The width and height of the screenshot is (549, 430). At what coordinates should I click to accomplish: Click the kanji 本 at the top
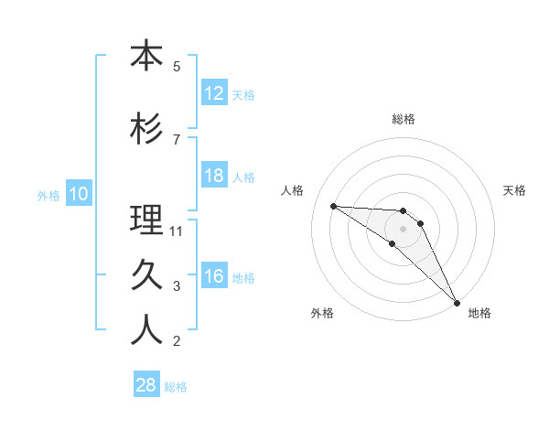click(146, 57)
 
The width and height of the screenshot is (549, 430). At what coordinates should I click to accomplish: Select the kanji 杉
click(146, 128)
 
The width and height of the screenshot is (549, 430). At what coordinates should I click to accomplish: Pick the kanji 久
click(146, 274)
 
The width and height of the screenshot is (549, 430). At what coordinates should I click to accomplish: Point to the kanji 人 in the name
click(146, 330)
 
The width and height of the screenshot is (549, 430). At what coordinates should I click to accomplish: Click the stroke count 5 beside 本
click(176, 67)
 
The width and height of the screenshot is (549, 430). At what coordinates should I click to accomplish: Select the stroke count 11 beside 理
click(177, 231)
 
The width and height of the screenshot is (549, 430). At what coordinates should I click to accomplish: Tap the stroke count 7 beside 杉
click(176, 139)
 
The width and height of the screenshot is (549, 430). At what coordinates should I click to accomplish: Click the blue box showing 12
click(214, 92)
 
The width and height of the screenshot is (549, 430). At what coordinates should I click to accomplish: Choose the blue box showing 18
click(214, 176)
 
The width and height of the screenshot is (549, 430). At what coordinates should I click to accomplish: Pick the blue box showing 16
click(214, 276)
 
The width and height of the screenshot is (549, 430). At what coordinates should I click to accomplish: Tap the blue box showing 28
click(146, 385)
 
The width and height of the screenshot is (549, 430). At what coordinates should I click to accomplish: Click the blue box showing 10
click(78, 194)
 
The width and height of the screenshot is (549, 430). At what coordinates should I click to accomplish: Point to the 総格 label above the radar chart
click(404, 119)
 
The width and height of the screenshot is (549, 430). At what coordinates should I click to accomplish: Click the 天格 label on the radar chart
click(515, 190)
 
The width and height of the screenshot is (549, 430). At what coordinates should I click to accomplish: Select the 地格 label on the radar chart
click(479, 313)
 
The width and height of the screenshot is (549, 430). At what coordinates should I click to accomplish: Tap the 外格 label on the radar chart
click(322, 313)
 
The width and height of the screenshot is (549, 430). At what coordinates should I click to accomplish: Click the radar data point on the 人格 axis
click(333, 206)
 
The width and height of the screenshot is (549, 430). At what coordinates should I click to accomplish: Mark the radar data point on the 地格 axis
click(457, 302)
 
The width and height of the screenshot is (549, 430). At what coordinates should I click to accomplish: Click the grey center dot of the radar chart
click(404, 229)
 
